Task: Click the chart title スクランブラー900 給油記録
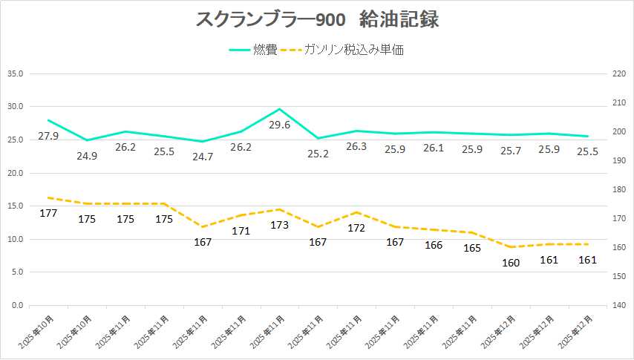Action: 317,20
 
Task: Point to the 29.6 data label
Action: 279,125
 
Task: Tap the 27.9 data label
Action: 48,136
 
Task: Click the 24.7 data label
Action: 202,156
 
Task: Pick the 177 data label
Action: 48,214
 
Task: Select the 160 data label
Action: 510,262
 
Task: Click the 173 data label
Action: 279,225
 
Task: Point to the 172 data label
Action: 356,228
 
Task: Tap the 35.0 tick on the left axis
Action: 16,73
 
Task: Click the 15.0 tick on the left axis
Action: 16,206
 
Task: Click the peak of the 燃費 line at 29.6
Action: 279,109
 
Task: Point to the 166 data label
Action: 433,245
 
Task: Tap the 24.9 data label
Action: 87,156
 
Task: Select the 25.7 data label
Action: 510,151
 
